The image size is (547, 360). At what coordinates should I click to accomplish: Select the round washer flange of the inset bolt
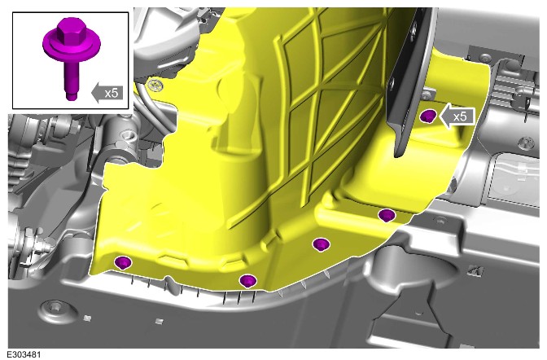tap(72, 46)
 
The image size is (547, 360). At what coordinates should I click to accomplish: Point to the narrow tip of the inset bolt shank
tap(72, 95)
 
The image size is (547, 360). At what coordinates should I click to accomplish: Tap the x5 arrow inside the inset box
tap(107, 93)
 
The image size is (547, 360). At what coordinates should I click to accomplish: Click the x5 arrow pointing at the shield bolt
tap(457, 116)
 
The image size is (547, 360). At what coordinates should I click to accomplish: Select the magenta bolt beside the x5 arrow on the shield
tap(428, 116)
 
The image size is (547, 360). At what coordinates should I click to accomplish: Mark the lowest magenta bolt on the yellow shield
tap(247, 281)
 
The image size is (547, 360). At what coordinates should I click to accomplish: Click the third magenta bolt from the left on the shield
tap(321, 244)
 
